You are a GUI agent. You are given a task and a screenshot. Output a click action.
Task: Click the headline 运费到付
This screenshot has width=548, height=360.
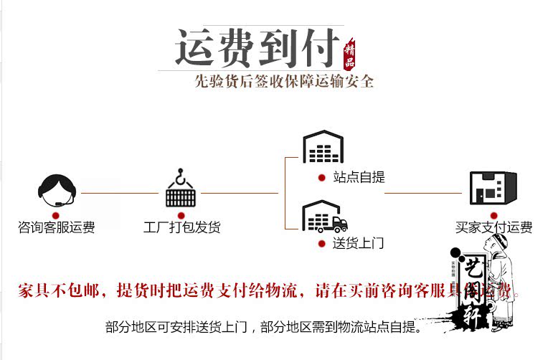point(257,49)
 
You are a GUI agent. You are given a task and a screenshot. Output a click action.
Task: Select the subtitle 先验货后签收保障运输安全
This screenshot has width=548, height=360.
point(285,81)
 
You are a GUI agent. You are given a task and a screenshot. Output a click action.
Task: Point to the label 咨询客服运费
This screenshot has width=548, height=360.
point(56,228)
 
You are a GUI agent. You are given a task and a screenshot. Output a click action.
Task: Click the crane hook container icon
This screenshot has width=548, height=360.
point(181,187)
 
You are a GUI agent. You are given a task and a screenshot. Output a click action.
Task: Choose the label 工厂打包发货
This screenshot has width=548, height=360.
point(181,228)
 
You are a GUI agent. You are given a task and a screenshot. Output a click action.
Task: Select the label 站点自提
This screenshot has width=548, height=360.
point(359,177)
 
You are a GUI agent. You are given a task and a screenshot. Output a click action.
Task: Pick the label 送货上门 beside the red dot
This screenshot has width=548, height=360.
point(358,243)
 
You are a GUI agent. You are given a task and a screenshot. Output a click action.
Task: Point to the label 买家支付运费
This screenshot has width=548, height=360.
point(494,228)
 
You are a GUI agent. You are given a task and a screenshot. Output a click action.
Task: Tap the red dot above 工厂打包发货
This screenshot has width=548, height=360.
point(181,214)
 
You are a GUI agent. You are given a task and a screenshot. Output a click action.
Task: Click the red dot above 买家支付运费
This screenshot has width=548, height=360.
point(493,214)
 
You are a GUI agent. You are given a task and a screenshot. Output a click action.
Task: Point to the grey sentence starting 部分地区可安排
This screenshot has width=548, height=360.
point(263,328)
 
